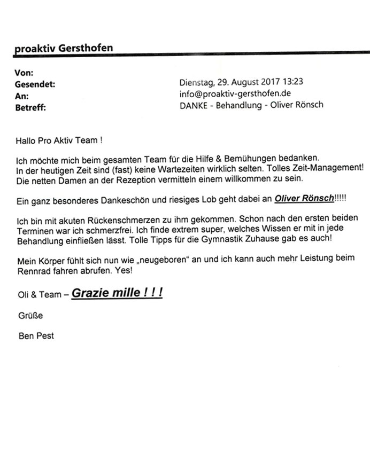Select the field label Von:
coord(24,73)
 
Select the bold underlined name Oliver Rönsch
coord(304,199)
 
